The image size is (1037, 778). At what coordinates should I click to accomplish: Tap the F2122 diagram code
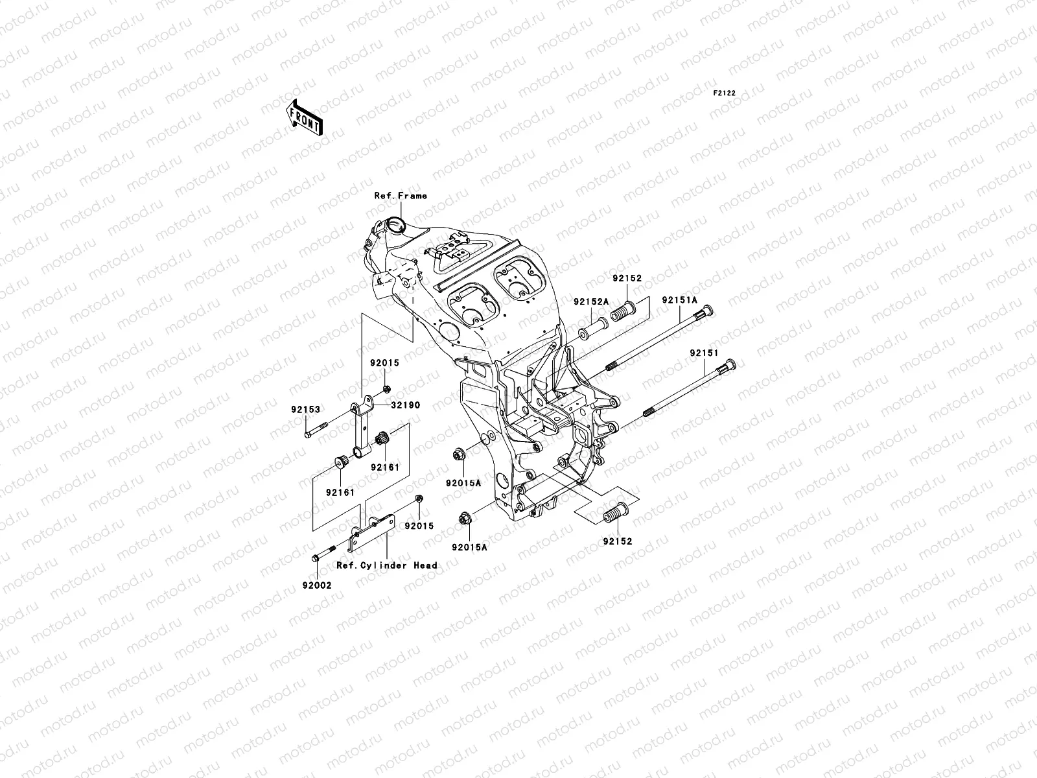(x=725, y=93)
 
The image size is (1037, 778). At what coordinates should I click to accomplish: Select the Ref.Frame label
(x=401, y=195)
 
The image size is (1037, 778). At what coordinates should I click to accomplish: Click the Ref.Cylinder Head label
(x=386, y=565)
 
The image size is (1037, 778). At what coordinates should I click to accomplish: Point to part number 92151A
(x=679, y=300)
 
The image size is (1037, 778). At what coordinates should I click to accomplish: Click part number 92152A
(x=590, y=301)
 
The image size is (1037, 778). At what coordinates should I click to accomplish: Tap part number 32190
(x=405, y=405)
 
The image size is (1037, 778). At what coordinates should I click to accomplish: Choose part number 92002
(x=316, y=585)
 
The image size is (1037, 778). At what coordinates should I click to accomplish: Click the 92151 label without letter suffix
(x=704, y=353)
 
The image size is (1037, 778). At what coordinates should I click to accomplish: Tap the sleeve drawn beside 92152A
(x=593, y=327)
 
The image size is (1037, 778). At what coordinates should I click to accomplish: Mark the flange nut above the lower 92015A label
(x=464, y=517)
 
